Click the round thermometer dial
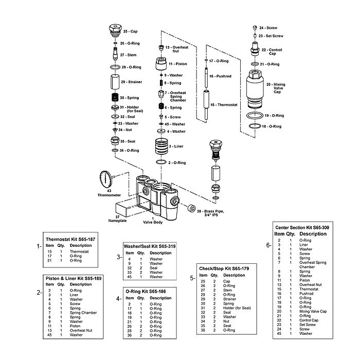coord(106,180)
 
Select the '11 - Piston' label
coord(180,64)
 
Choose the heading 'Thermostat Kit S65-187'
coord(70,240)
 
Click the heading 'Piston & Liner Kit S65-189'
coord(74,278)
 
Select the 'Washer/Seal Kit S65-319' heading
coord(150,246)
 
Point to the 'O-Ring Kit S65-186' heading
coord(145,291)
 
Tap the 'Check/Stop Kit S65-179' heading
coord(224,268)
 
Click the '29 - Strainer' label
coord(132,82)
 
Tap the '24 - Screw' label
coord(268,27)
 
